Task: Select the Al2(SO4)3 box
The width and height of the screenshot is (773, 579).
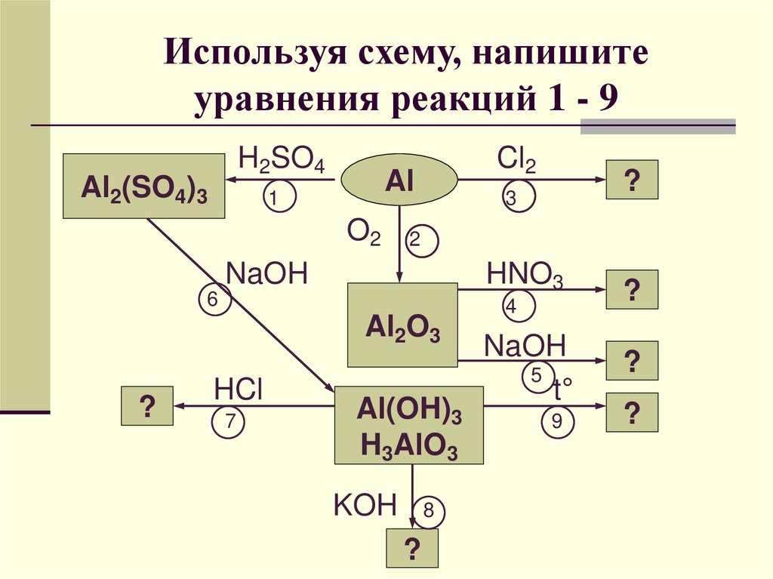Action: (x=144, y=186)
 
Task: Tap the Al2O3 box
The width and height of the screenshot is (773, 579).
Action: (x=402, y=325)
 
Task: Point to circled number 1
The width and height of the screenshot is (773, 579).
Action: (x=277, y=199)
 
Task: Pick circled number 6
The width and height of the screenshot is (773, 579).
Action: (x=214, y=300)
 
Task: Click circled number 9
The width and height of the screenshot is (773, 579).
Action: (x=557, y=422)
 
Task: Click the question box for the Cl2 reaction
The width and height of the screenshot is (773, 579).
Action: (x=633, y=180)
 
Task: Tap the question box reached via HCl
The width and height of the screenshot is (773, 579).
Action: (x=147, y=406)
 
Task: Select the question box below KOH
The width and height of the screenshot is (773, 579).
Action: (x=412, y=548)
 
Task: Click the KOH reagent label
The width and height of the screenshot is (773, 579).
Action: (x=365, y=505)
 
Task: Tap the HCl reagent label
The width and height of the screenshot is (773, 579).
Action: (x=237, y=390)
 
